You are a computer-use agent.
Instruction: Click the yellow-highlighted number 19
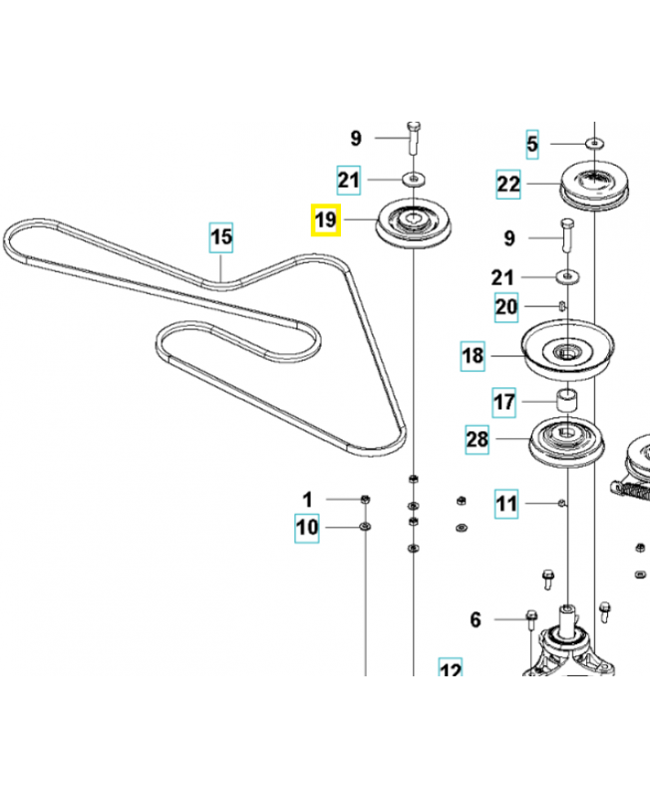[326, 219]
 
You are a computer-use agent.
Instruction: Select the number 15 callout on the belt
[220, 237]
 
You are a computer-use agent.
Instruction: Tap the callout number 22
[508, 184]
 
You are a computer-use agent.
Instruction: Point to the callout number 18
[473, 355]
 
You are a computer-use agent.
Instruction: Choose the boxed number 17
[505, 403]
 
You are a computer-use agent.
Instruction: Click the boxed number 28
[479, 438]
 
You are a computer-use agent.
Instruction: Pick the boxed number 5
[532, 145]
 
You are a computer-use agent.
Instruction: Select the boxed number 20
[506, 307]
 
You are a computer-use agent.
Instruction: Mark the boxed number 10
[307, 527]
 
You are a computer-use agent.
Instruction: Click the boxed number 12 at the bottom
[451, 670]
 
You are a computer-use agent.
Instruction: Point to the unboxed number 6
[476, 620]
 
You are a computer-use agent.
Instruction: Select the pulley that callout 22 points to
[593, 187]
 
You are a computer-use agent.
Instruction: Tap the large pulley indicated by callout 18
[566, 352]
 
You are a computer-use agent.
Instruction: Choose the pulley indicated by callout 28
[564, 439]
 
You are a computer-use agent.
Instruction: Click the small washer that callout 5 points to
[594, 144]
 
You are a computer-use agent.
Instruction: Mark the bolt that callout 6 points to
[530, 620]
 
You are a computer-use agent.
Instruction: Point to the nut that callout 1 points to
[365, 499]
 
